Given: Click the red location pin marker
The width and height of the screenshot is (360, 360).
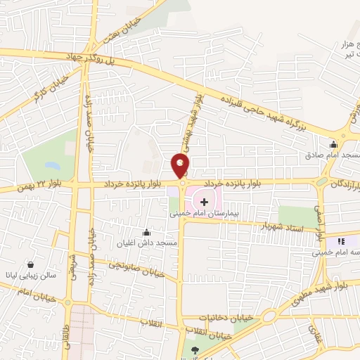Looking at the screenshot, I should [181, 166].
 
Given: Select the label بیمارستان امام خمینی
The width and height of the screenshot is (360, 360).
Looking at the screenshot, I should [204, 212].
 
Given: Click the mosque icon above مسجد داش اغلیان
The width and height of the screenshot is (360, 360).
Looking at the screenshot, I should [146, 233].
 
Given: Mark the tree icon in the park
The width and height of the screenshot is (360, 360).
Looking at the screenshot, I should [195, 349].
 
